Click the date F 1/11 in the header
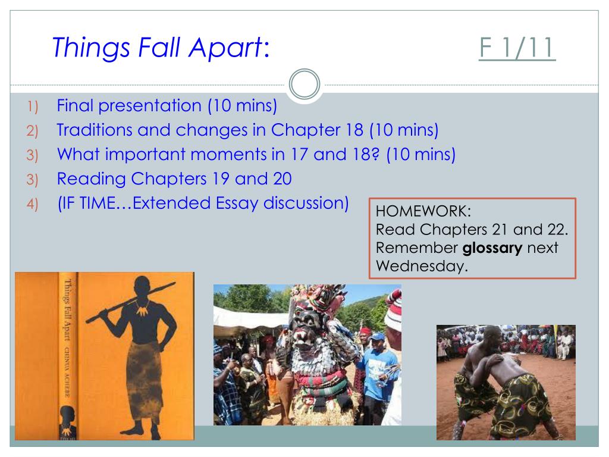(517, 48)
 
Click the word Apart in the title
(225, 48)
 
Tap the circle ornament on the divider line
(304, 84)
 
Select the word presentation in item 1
(150, 106)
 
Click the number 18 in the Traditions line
(354, 130)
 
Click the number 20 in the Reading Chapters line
(282, 179)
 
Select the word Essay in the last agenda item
(237, 204)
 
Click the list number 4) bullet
(32, 204)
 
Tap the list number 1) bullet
(33, 107)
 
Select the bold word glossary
(492, 248)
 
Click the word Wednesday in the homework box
(422, 266)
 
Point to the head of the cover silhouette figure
(142, 287)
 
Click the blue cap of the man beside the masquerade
(378, 337)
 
